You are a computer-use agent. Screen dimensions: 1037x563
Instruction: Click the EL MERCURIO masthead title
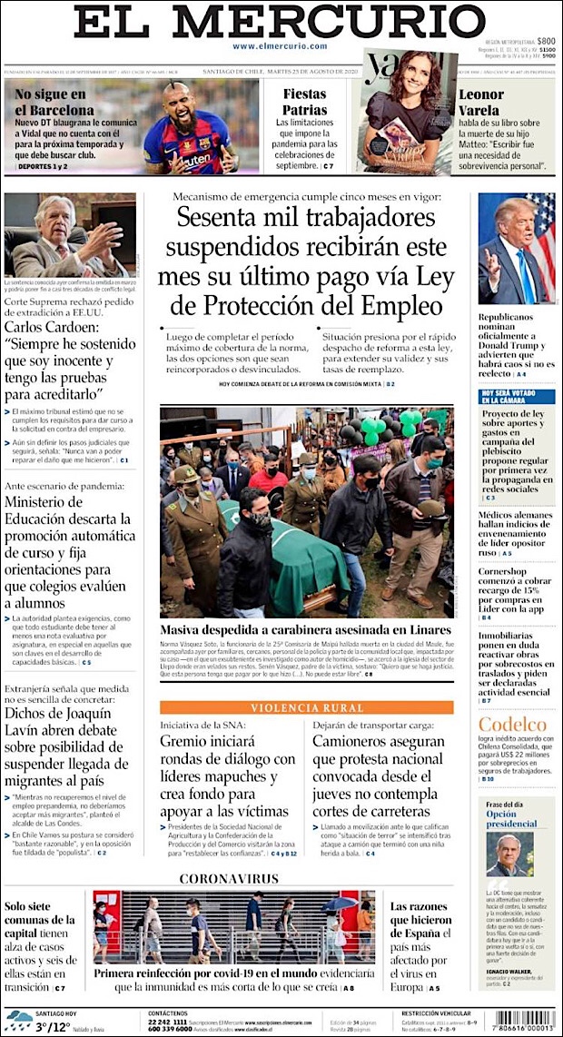pos(280,22)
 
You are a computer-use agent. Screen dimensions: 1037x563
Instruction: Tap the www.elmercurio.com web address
pos(280,46)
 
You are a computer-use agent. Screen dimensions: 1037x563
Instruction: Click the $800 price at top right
pos(545,41)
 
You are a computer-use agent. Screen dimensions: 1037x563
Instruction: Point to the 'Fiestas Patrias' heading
pos(304,102)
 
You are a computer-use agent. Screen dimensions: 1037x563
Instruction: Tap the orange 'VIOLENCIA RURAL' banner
pos(306,708)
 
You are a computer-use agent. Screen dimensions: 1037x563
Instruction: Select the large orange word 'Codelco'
pos(513,725)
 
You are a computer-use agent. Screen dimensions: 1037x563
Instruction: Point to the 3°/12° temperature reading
pos(54,1028)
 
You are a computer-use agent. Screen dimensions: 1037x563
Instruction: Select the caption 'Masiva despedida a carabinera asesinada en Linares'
pos(305,630)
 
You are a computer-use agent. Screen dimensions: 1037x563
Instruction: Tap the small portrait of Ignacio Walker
pos(509,854)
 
